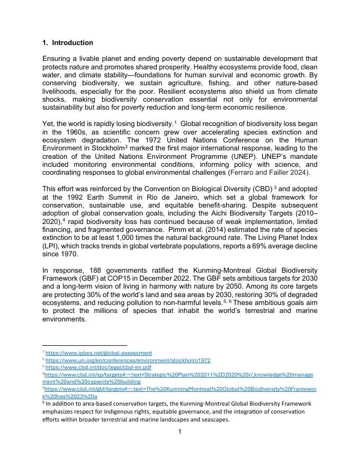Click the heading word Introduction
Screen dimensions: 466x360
click(73, 43)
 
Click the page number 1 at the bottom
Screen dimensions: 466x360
click(179, 432)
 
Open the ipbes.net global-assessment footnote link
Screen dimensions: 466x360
click(98, 353)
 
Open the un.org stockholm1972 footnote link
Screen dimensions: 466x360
click(128, 361)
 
